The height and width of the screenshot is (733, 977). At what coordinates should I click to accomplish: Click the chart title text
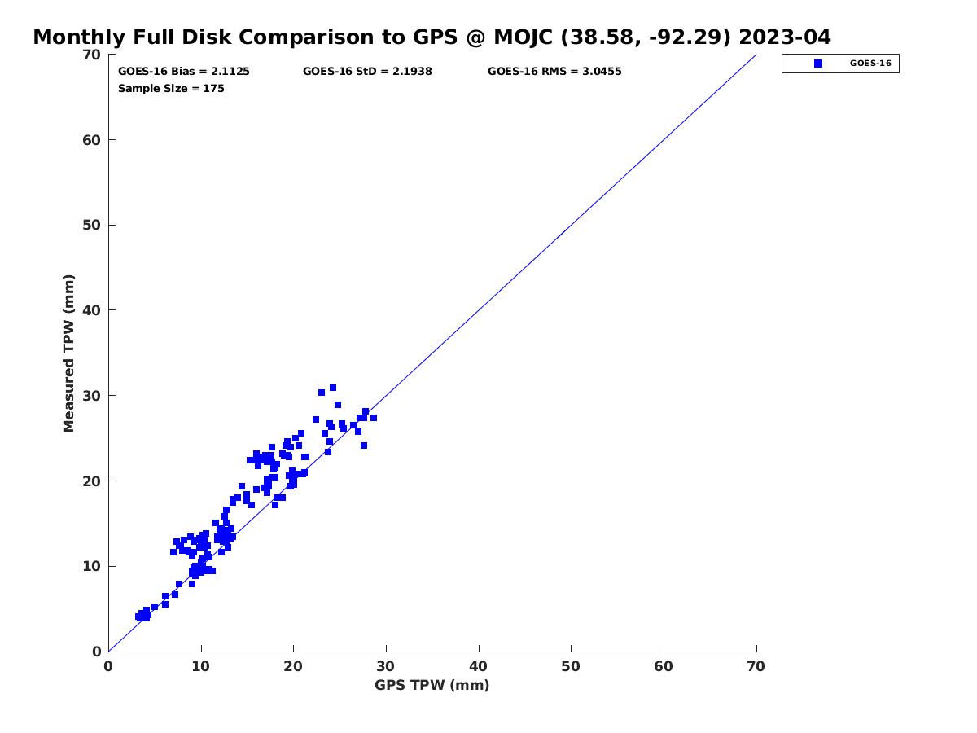(x=432, y=37)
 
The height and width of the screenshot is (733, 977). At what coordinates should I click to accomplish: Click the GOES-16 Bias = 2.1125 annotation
(x=183, y=71)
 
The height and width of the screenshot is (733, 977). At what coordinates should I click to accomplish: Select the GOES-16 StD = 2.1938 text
(x=366, y=71)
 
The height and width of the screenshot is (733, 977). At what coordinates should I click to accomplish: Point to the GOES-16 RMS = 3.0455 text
(x=554, y=71)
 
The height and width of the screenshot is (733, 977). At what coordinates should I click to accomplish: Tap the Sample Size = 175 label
(x=171, y=88)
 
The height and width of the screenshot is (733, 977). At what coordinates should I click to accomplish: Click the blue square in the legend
(x=817, y=64)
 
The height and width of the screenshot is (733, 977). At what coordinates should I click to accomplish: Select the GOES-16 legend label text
(x=870, y=64)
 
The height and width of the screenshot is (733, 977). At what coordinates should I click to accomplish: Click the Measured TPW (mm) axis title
(x=68, y=353)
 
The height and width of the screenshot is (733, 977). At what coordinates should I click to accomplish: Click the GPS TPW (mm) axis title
(x=432, y=684)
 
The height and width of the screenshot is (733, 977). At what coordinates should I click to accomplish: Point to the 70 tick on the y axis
(x=91, y=55)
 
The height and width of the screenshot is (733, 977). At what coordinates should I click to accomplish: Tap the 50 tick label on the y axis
(x=91, y=225)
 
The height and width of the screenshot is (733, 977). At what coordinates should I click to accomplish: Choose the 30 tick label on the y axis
(x=91, y=395)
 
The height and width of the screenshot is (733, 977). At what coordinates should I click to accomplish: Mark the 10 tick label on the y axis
(x=91, y=566)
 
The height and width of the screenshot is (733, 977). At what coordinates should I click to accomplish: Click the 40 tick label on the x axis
(x=478, y=666)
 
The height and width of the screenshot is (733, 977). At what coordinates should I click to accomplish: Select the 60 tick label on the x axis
(x=664, y=666)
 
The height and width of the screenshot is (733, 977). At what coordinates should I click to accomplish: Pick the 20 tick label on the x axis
(x=293, y=666)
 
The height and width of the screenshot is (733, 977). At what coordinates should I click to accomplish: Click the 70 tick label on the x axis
(x=756, y=666)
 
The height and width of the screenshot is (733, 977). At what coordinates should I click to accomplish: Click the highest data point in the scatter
(x=332, y=388)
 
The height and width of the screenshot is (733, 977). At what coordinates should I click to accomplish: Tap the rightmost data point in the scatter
(x=373, y=418)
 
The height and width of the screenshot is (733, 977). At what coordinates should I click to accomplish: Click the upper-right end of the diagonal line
(x=756, y=55)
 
